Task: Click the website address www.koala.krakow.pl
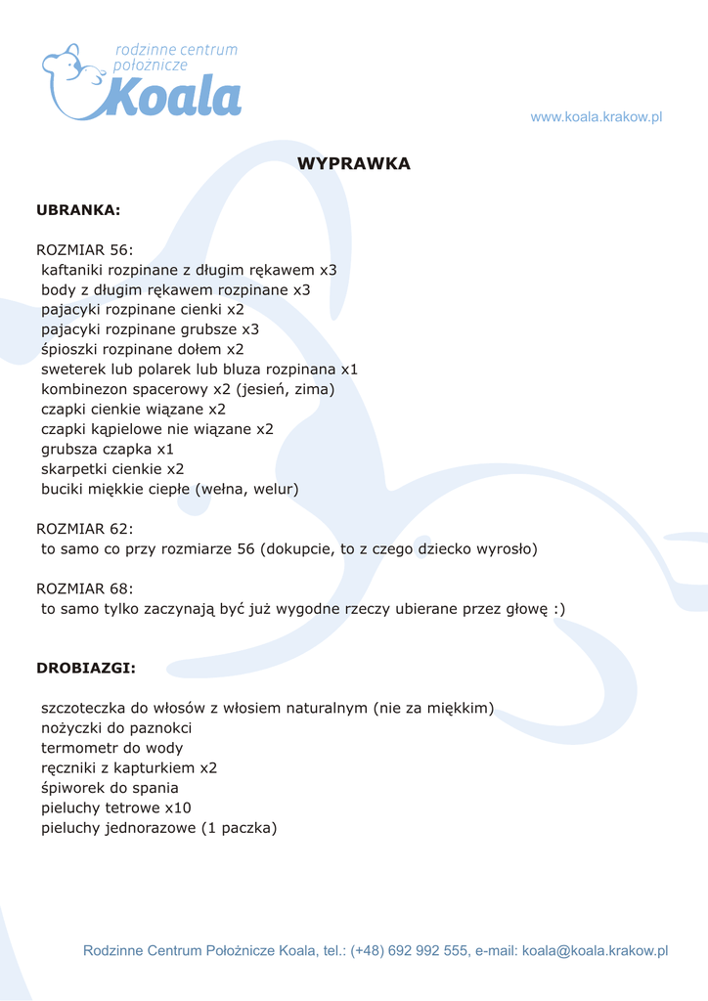[597, 117]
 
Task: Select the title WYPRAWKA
[354, 164]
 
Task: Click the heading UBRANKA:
[78, 209]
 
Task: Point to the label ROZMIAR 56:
[84, 250]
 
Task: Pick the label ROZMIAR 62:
[84, 529]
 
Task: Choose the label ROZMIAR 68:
[84, 588]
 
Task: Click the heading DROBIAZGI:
[86, 669]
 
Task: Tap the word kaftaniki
[72, 270]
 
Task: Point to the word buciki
[63, 489]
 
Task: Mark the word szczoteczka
[83, 708]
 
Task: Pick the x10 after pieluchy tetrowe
[178, 807]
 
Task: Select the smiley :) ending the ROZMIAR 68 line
[558, 609]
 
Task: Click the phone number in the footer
[410, 950]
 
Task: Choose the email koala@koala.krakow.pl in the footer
[595, 950]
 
